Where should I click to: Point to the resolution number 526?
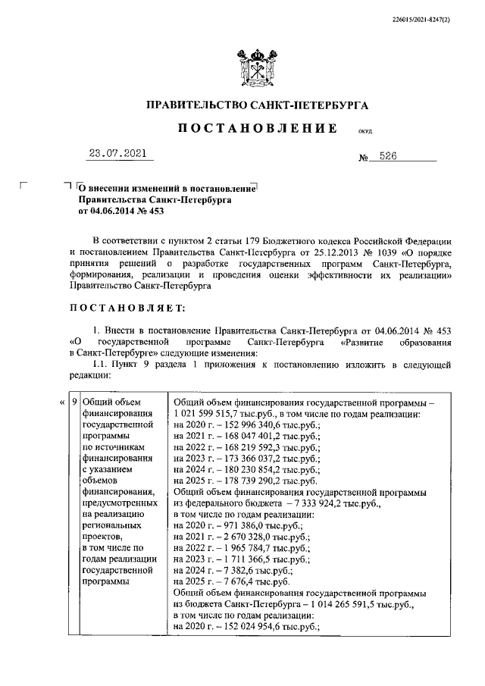pyautogui.click(x=391, y=157)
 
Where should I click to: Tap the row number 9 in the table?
pyautogui.click(x=74, y=403)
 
